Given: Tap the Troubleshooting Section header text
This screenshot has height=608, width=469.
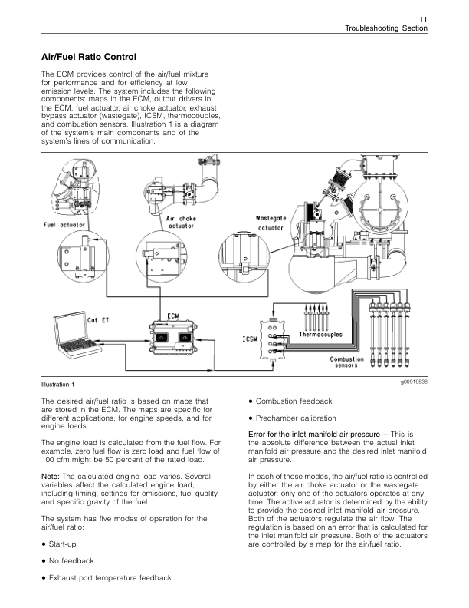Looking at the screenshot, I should point(385,28).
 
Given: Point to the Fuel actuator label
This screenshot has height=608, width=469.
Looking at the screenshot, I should point(64,225).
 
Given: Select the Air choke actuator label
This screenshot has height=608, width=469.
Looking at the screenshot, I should point(181,223).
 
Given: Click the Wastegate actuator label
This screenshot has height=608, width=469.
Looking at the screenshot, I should point(271,223).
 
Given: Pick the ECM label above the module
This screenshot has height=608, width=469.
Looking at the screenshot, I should point(174,316).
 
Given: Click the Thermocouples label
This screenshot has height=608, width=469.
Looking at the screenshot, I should point(321,335).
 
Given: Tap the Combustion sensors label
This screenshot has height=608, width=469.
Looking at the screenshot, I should point(347,363).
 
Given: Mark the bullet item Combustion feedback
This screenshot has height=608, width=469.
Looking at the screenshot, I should point(294,401).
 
